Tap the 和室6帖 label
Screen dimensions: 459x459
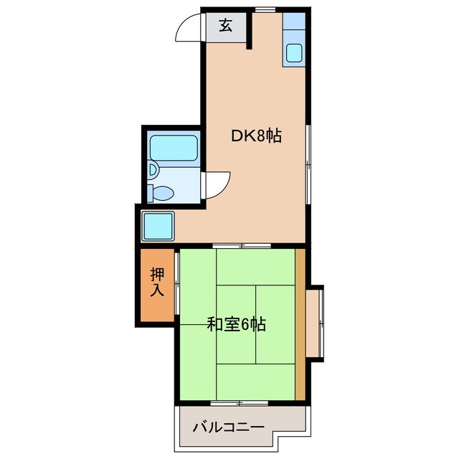pos(236,325)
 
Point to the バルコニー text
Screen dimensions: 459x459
pos(228,427)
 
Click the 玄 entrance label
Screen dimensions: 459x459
pos(225,27)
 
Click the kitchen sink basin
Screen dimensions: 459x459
pos(294,52)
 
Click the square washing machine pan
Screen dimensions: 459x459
pos(158,226)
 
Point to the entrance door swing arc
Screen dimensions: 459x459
pos(188,30)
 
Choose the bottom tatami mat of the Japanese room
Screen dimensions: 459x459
pos(256,380)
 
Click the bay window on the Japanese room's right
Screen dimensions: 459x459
pos(316,323)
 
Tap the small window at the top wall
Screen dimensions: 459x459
pos(264,9)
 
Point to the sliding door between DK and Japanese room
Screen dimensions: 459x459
pos(241,245)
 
